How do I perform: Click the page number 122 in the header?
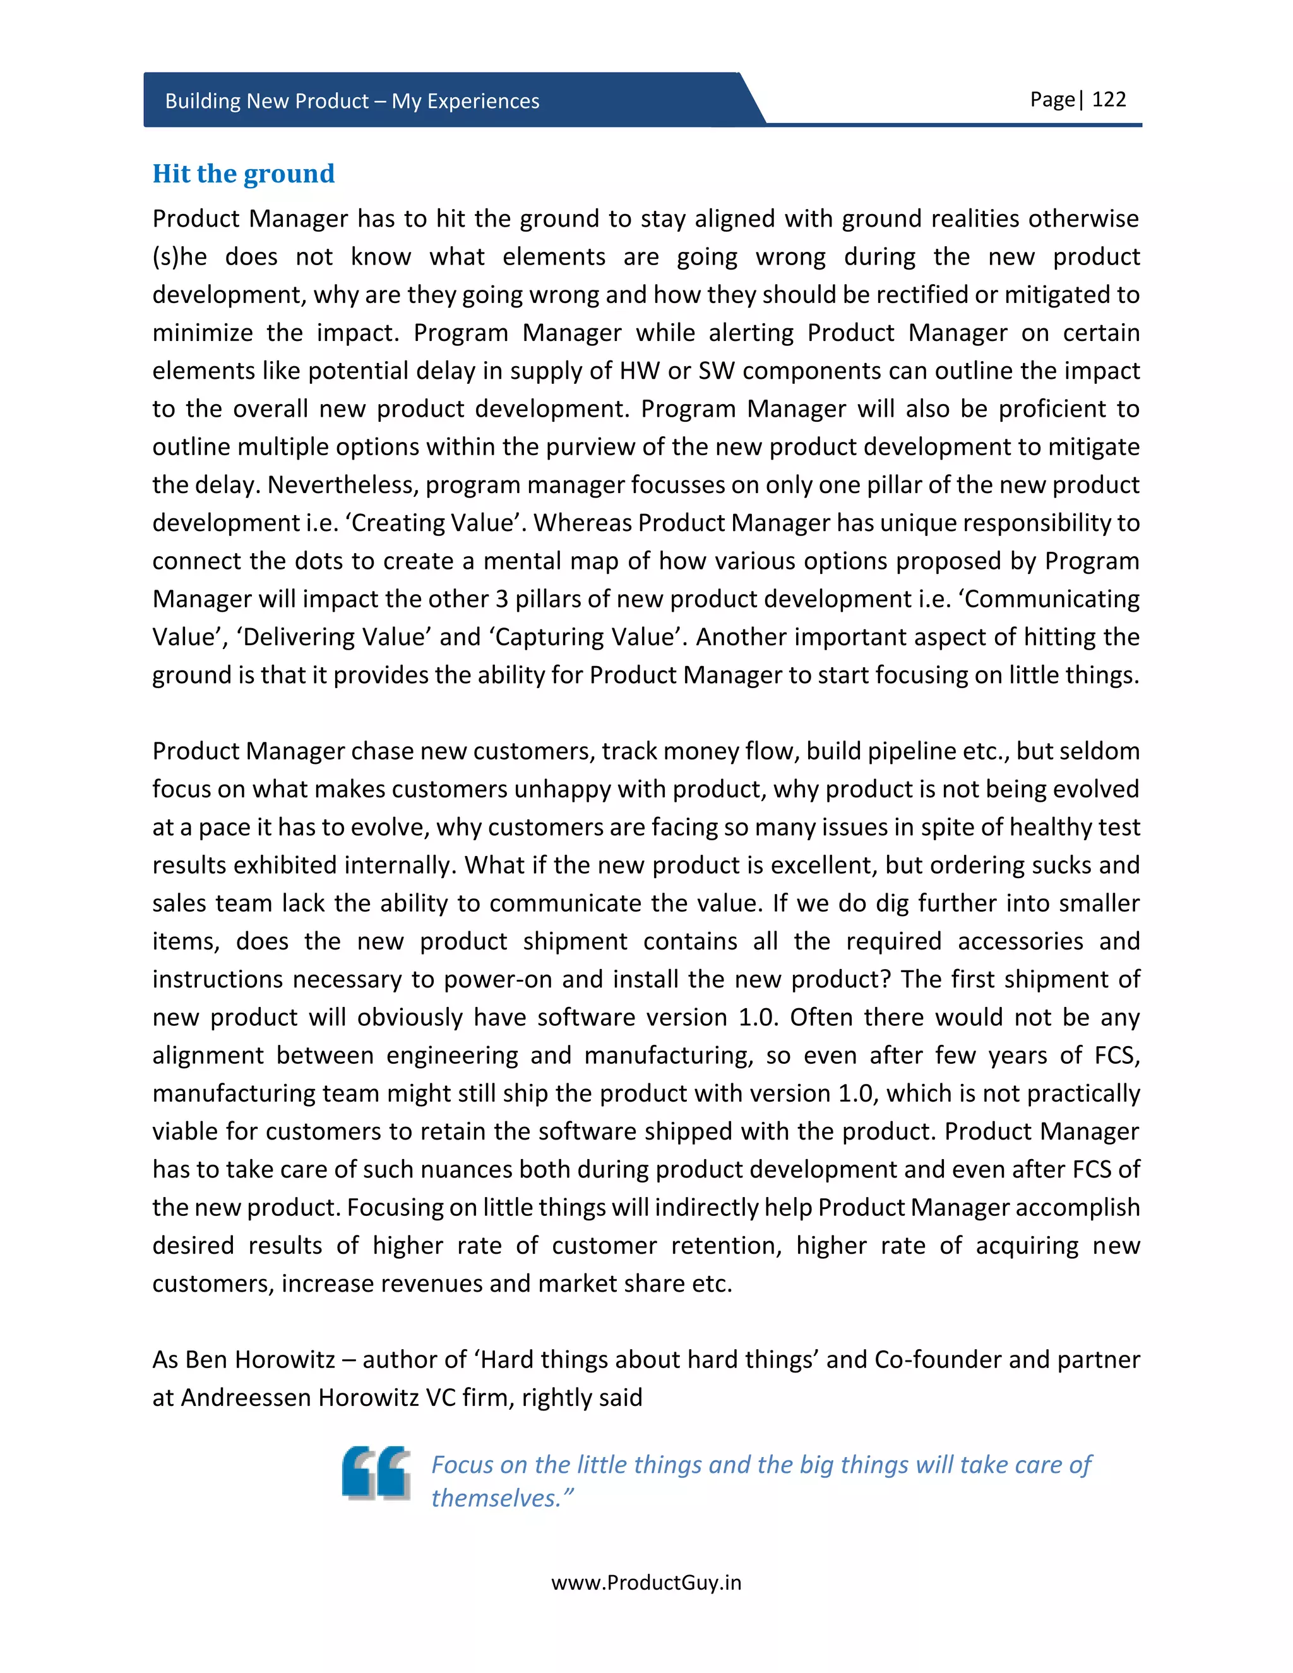(1109, 100)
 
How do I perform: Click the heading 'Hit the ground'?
(244, 174)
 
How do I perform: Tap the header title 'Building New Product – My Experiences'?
(352, 101)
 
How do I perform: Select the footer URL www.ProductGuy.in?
(646, 1583)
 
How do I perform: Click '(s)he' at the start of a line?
(179, 256)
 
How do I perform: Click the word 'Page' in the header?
(1052, 100)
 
